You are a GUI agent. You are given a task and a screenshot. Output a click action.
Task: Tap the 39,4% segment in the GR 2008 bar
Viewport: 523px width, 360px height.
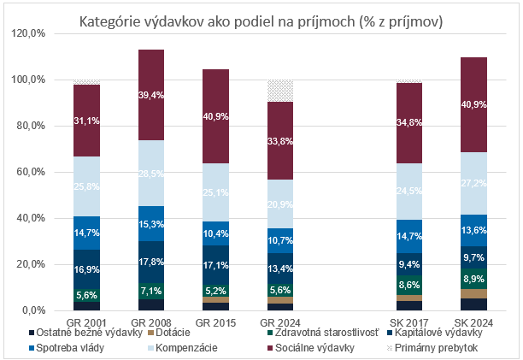click(151, 95)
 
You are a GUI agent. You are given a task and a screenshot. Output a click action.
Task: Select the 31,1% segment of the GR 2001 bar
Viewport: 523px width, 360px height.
click(86, 121)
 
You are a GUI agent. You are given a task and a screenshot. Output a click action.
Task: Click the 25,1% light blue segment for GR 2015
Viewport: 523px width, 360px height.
click(216, 192)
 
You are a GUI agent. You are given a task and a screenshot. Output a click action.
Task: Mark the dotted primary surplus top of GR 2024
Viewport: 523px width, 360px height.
click(281, 91)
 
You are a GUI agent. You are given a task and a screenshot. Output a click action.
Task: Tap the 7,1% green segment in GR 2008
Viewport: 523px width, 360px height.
click(151, 290)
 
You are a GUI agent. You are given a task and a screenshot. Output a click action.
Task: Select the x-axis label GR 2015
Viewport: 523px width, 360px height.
click(216, 321)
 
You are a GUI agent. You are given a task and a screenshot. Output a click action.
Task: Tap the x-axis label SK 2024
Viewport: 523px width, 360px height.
click(475, 321)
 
